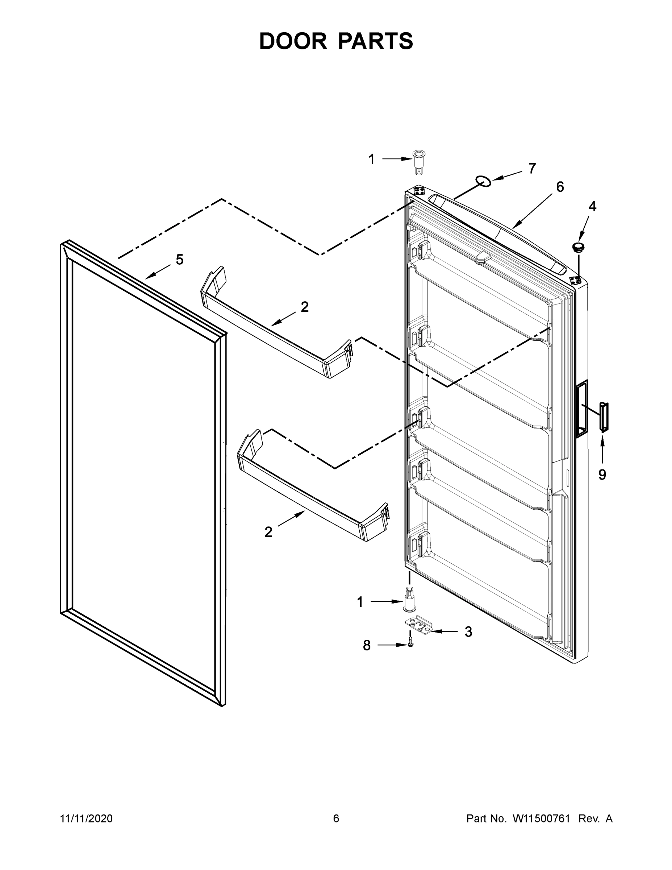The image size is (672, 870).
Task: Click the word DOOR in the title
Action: (293, 41)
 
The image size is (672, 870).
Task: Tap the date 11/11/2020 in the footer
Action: (86, 818)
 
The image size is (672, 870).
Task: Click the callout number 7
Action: (532, 169)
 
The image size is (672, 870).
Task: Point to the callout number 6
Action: (560, 187)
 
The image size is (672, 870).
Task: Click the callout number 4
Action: (592, 206)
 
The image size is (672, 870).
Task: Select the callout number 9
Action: (602, 475)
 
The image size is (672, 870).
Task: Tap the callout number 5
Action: (180, 260)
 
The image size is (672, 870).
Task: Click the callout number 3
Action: (468, 631)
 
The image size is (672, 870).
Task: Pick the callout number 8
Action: (367, 645)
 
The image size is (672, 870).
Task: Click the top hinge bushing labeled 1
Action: (418, 161)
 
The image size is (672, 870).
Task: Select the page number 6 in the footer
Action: (336, 818)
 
